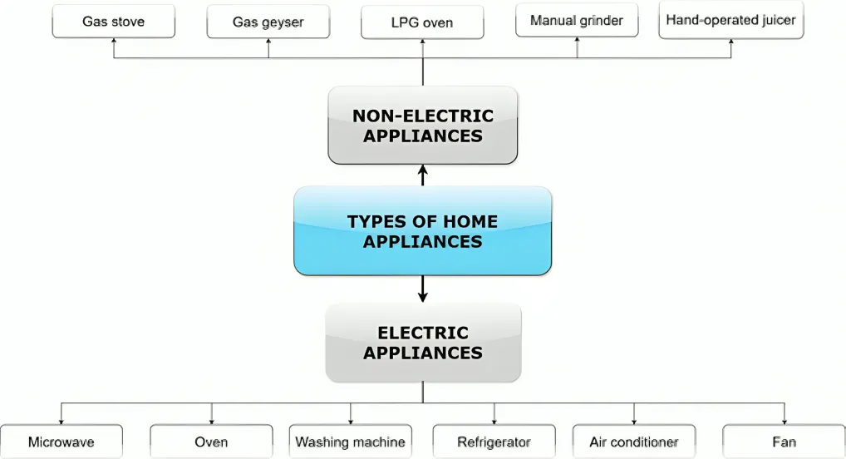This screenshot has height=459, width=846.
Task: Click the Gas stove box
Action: [x=114, y=22]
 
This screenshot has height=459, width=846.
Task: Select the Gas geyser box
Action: [x=268, y=22]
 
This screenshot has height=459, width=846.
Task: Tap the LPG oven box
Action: [x=422, y=22]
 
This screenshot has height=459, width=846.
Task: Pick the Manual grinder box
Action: [x=577, y=21]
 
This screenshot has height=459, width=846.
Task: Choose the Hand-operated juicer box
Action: [x=731, y=20]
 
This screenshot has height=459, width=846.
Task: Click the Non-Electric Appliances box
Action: [x=422, y=125]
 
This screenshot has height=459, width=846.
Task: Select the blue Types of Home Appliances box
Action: [x=422, y=231]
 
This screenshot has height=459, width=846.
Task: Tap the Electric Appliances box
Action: [x=422, y=343]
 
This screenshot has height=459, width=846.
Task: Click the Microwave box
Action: [x=61, y=442]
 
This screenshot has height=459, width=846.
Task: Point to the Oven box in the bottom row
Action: [x=211, y=442]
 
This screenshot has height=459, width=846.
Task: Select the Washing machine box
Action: [x=351, y=442]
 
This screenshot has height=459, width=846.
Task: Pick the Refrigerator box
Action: [x=494, y=442]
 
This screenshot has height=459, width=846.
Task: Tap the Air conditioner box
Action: [x=633, y=442]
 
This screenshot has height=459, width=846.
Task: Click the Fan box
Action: [x=784, y=442]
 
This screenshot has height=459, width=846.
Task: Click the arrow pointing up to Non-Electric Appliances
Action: [x=422, y=175]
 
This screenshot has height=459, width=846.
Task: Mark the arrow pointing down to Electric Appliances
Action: [x=422, y=289]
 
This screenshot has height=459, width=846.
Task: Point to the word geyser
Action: [x=283, y=22]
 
